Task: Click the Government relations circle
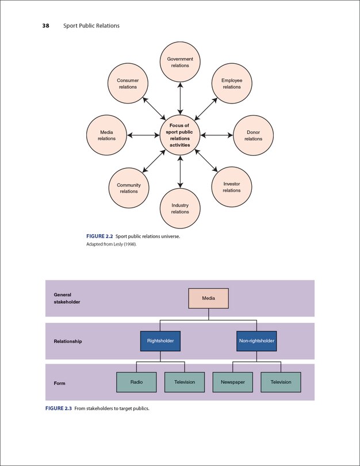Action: [180, 62]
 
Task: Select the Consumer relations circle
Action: [128, 83]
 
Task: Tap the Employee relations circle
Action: [232, 83]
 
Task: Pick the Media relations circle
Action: [106, 135]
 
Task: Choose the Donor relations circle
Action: [253, 135]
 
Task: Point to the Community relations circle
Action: [128, 188]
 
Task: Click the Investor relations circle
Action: [232, 187]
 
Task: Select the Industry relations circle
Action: [180, 208]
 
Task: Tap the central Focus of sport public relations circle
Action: [180, 135]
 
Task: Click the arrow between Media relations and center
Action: [143, 135]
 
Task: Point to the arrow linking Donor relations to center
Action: [217, 135]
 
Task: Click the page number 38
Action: [45, 26]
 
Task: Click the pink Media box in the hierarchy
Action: [209, 299]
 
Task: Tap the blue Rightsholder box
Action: [160, 341]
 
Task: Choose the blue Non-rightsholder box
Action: [256, 341]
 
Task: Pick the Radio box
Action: [136, 382]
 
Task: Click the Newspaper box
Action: [232, 382]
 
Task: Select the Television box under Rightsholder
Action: [185, 382]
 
